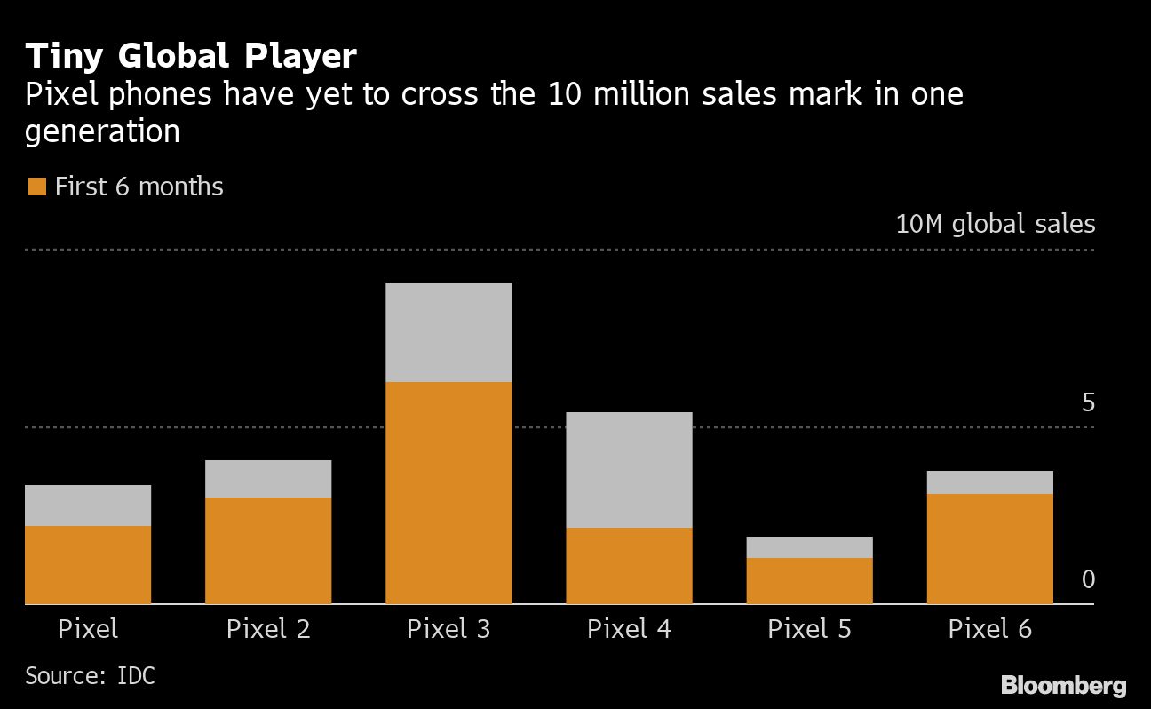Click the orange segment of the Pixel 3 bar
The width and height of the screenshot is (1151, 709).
(448, 493)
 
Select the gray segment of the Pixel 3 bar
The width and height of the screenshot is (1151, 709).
(448, 332)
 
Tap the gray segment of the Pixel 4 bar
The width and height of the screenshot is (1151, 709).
(629, 470)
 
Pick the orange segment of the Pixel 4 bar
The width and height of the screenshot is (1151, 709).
(629, 566)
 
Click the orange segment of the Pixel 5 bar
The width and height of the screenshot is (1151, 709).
(809, 581)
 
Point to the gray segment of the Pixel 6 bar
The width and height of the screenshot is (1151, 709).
(989, 482)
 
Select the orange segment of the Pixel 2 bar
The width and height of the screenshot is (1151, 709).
(268, 551)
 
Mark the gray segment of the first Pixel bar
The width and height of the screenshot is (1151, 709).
(88, 506)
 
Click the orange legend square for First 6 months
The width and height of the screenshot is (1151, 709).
(36, 187)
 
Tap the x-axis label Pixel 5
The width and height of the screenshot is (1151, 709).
(809, 629)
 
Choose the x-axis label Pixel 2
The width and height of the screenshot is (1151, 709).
(268, 629)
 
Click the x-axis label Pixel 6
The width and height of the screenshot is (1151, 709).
(989, 629)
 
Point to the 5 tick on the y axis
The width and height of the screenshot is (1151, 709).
(1088, 402)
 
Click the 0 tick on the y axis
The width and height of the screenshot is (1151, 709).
(1088, 580)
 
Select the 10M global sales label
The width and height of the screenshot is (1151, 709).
(995, 223)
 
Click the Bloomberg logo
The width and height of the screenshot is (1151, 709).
(1063, 685)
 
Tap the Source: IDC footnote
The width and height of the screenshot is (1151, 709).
(90, 675)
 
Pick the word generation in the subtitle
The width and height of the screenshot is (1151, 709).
(102, 132)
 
